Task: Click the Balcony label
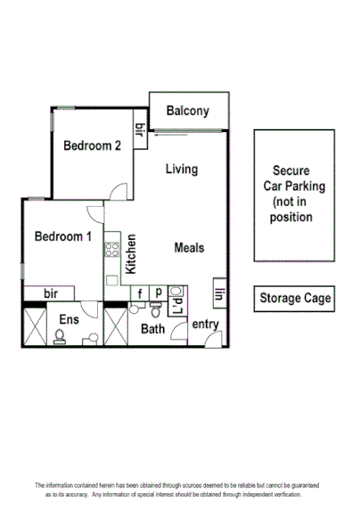point(187,111)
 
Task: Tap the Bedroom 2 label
point(92,145)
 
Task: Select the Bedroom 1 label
point(62,236)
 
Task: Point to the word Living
point(181,169)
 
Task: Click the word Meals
point(190,247)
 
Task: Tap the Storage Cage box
point(294,299)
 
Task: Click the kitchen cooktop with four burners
point(111,250)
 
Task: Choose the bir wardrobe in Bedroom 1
point(52,293)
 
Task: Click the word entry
point(206,324)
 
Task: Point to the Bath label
point(153,329)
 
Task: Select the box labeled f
point(140,292)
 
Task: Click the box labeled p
point(158,292)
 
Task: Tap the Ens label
point(69,318)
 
